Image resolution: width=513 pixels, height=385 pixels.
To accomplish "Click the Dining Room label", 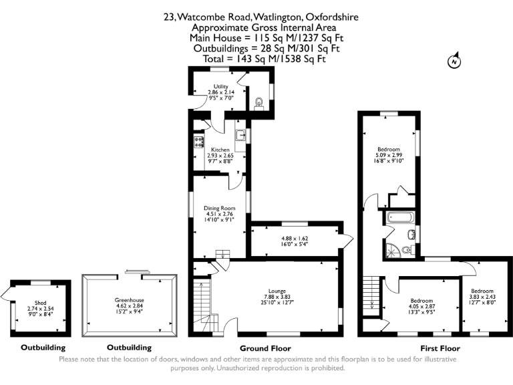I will pos(219,208).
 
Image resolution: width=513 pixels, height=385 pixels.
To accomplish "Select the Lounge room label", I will pos(277,291).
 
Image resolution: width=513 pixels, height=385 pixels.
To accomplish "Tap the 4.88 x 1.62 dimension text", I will pos(293,239).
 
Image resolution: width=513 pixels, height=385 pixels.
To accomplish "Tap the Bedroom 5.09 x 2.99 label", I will pos(389,148).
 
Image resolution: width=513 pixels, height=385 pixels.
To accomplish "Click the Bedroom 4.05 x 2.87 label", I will pos(421,301).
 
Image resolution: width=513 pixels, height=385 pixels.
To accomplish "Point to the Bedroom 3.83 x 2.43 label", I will pos(482,291).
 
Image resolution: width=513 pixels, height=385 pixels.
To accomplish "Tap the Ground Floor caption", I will pos(265,348).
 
